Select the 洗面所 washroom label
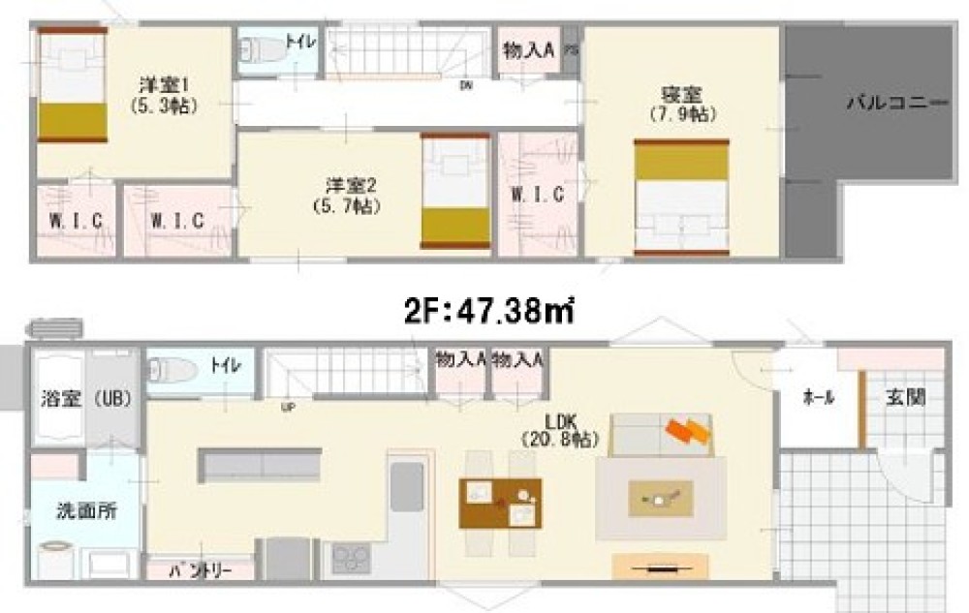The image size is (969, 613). pos(86,509)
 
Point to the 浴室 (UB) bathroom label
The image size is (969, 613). pos(86,398)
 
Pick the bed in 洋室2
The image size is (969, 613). pos(454,191)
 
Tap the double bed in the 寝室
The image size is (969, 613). pos(680,197)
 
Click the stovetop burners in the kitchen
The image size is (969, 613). pos(350,559)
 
